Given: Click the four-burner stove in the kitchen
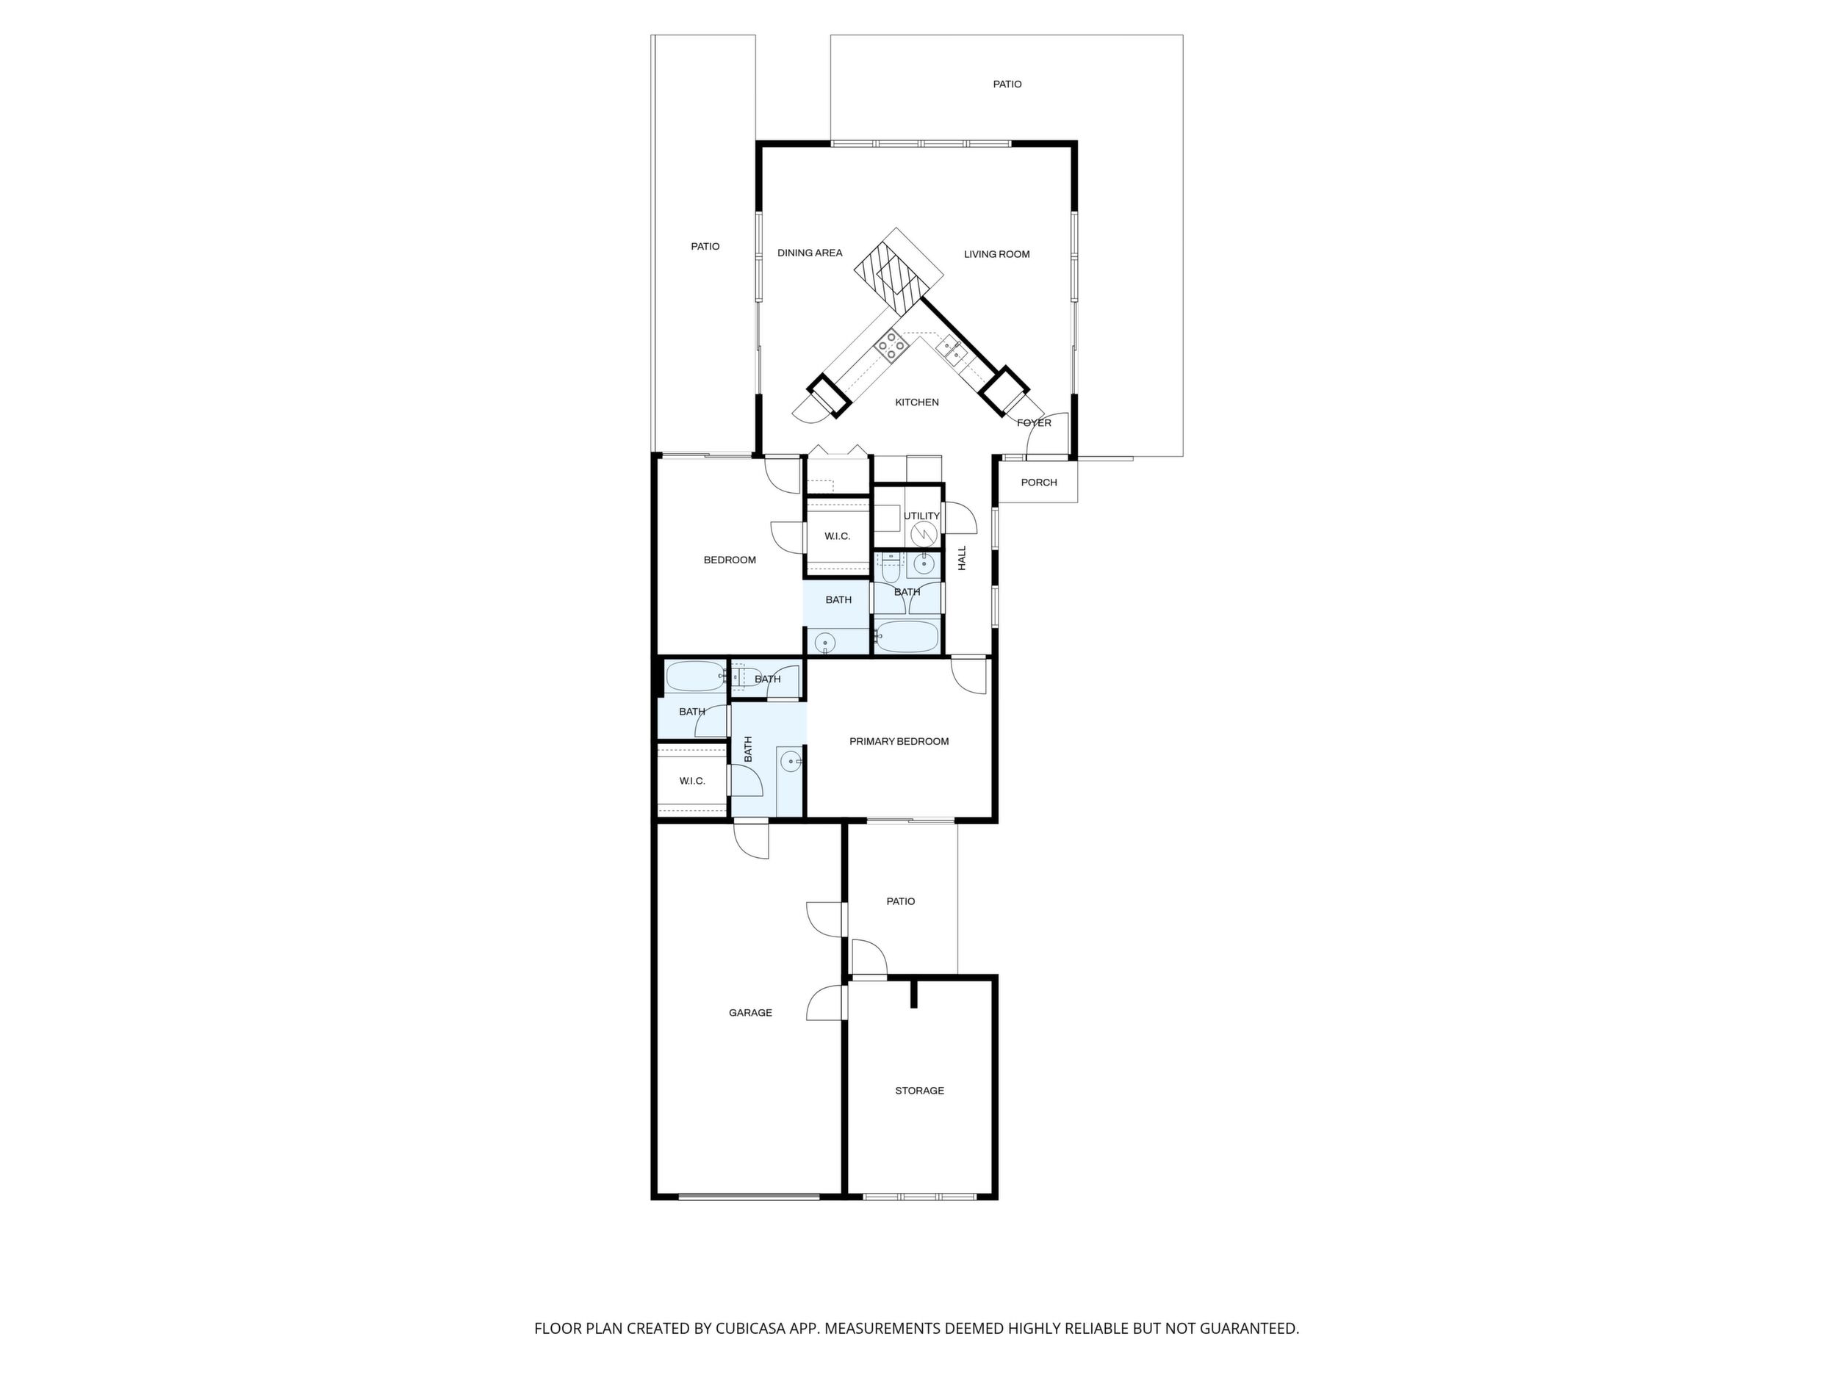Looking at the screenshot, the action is click(891, 346).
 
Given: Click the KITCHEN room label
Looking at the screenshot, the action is click(917, 402).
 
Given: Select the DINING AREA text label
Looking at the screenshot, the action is click(810, 253).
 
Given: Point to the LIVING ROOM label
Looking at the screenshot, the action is click(996, 254).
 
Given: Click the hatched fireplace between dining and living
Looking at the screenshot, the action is click(899, 272).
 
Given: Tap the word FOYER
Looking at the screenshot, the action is click(1034, 422).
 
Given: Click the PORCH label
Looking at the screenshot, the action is click(1039, 483).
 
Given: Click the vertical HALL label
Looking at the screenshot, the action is click(963, 557).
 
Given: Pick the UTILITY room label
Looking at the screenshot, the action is click(921, 516).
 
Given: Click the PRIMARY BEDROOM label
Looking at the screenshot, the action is click(899, 742).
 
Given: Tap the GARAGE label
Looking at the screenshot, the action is click(750, 1013).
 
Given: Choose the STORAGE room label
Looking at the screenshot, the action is click(919, 1091).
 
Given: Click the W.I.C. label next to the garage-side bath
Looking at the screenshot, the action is click(692, 781).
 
